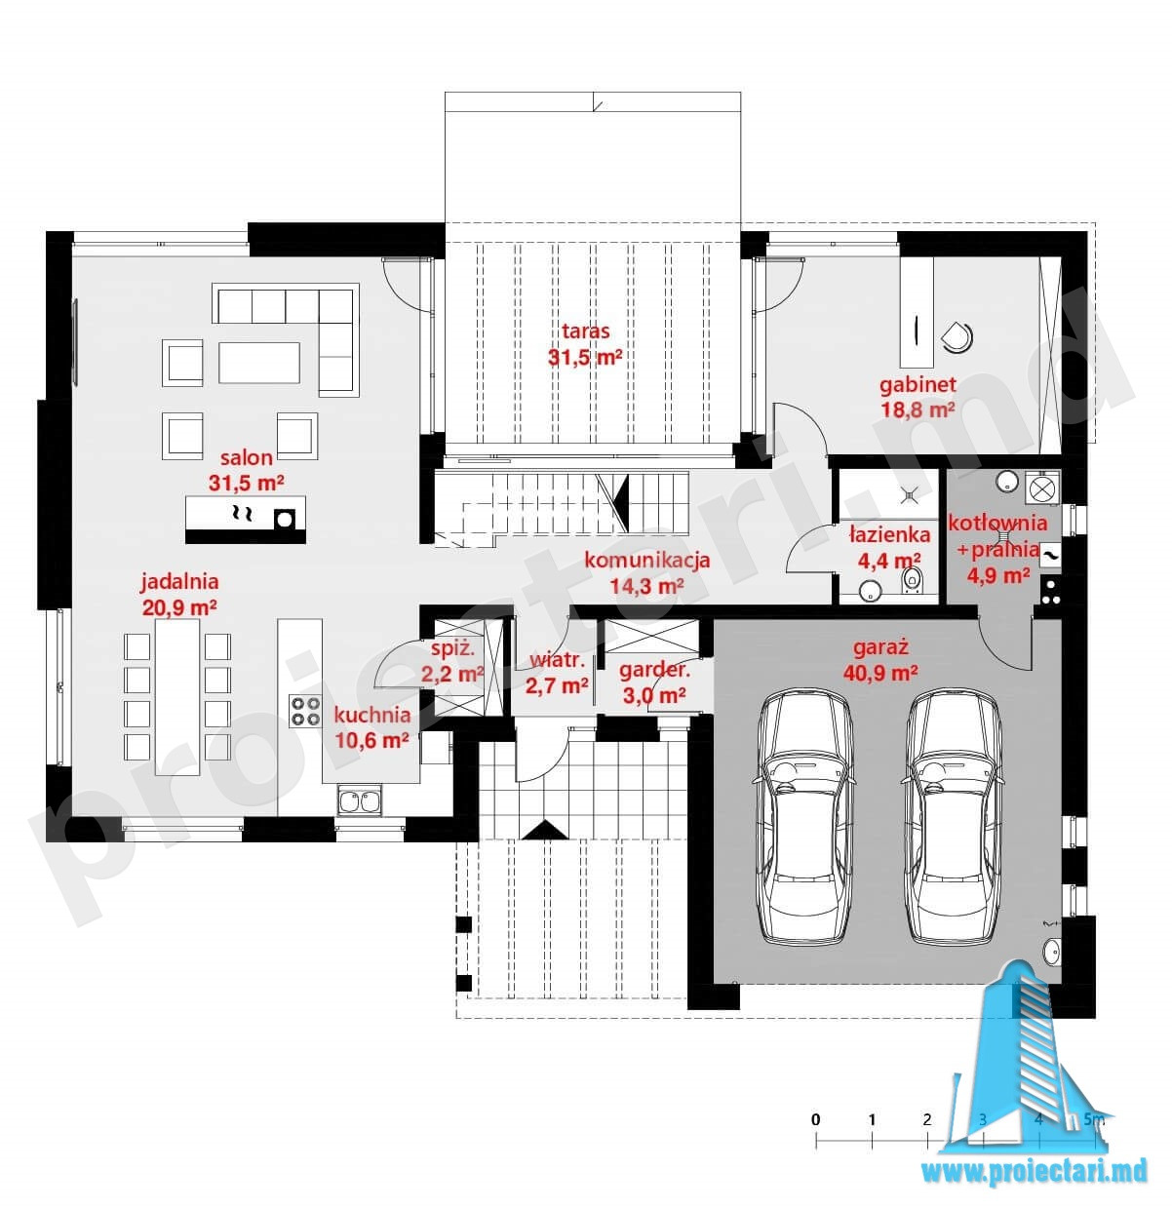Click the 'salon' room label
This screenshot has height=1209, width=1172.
coord(246,458)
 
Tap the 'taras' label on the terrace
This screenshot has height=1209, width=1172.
coord(585,331)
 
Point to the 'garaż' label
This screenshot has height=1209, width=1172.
coord(880,648)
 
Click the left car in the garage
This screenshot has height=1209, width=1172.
coord(804,818)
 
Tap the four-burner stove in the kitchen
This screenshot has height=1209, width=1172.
coord(305,712)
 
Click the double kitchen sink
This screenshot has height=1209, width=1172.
coord(360,800)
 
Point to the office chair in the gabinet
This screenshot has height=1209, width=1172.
coord(957,336)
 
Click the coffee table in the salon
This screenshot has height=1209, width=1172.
coord(259,363)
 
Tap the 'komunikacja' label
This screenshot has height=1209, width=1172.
coord(646,561)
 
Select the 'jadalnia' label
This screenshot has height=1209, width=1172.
coord(179,582)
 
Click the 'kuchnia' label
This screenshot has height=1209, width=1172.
coord(371,715)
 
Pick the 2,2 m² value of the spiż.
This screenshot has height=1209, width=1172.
coord(452,674)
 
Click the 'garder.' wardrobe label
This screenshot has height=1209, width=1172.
coord(654,671)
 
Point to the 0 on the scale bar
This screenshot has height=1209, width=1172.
coord(815,1119)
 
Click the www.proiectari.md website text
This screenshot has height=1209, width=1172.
coord(1035,1171)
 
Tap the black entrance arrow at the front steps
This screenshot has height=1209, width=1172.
coord(544,830)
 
